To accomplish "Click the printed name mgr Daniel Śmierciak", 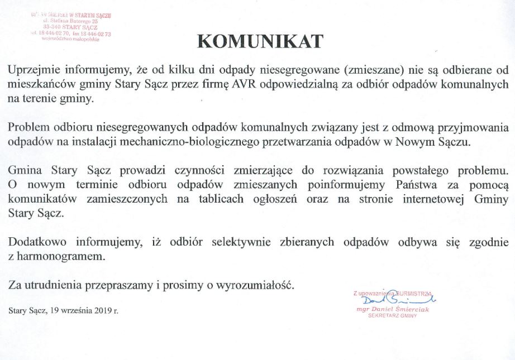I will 393,309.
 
